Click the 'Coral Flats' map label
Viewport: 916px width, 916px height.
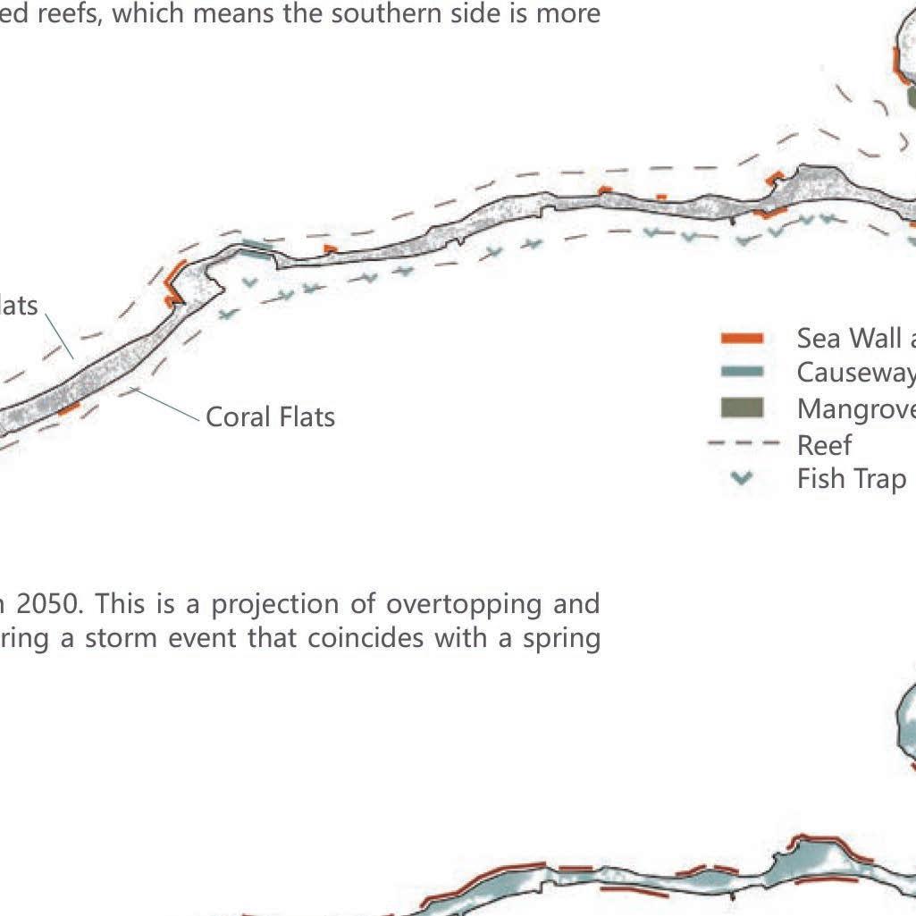(x=270, y=417)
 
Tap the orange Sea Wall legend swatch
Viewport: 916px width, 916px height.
(x=742, y=338)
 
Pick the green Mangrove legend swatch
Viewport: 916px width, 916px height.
(x=742, y=408)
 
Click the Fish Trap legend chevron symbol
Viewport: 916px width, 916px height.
(x=741, y=479)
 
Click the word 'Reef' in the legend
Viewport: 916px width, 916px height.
(x=824, y=444)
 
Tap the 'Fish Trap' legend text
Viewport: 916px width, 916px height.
(x=851, y=479)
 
